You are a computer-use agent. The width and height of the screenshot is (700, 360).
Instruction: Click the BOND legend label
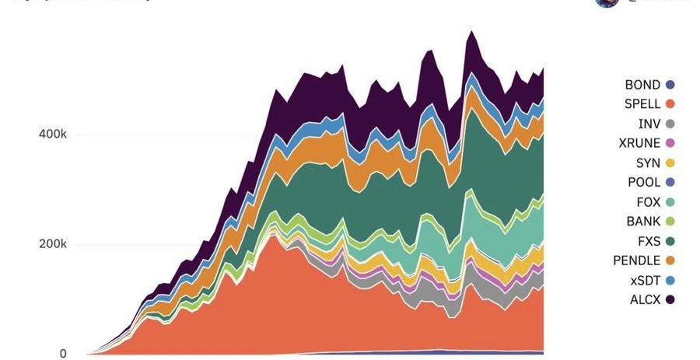click(642, 85)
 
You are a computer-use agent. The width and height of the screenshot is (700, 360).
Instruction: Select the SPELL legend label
click(642, 104)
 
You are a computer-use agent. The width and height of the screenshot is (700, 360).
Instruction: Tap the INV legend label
click(649, 124)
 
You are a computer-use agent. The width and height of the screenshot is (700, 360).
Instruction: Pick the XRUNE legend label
click(639, 143)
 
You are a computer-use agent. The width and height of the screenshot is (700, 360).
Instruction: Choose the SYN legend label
click(648, 163)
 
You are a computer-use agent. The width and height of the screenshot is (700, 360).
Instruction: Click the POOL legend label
click(644, 182)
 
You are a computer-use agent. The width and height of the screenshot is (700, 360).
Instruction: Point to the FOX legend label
click(648, 201)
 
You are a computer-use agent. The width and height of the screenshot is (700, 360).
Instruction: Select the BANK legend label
click(643, 221)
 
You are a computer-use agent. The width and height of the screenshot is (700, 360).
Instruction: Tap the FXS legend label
click(648, 240)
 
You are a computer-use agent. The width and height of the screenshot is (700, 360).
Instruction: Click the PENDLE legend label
click(636, 260)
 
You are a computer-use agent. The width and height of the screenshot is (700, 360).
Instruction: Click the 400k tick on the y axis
click(53, 135)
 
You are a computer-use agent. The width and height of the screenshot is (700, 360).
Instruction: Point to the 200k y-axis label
click(53, 244)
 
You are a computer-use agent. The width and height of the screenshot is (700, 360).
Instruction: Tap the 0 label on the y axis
click(63, 354)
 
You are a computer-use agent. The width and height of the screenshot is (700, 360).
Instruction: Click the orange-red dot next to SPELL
click(670, 104)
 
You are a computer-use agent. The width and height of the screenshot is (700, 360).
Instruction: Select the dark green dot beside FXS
click(670, 240)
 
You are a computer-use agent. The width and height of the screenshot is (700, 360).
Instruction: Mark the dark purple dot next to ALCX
click(670, 299)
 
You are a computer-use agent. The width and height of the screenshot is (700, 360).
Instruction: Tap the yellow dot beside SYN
click(670, 163)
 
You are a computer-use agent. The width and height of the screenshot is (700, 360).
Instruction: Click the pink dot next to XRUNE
click(670, 143)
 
